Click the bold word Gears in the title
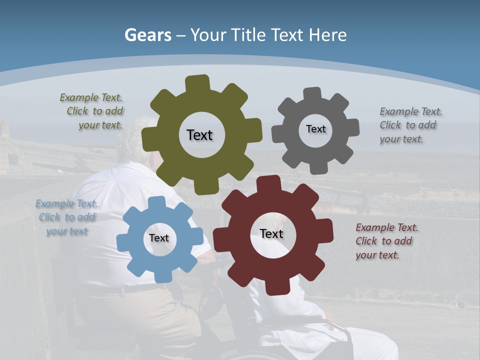(148, 35)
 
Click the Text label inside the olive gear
(199, 135)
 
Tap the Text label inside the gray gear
(315, 129)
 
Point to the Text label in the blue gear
(159, 238)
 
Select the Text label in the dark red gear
(271, 233)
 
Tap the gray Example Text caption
(410, 125)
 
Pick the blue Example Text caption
(66, 217)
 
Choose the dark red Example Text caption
(386, 241)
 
